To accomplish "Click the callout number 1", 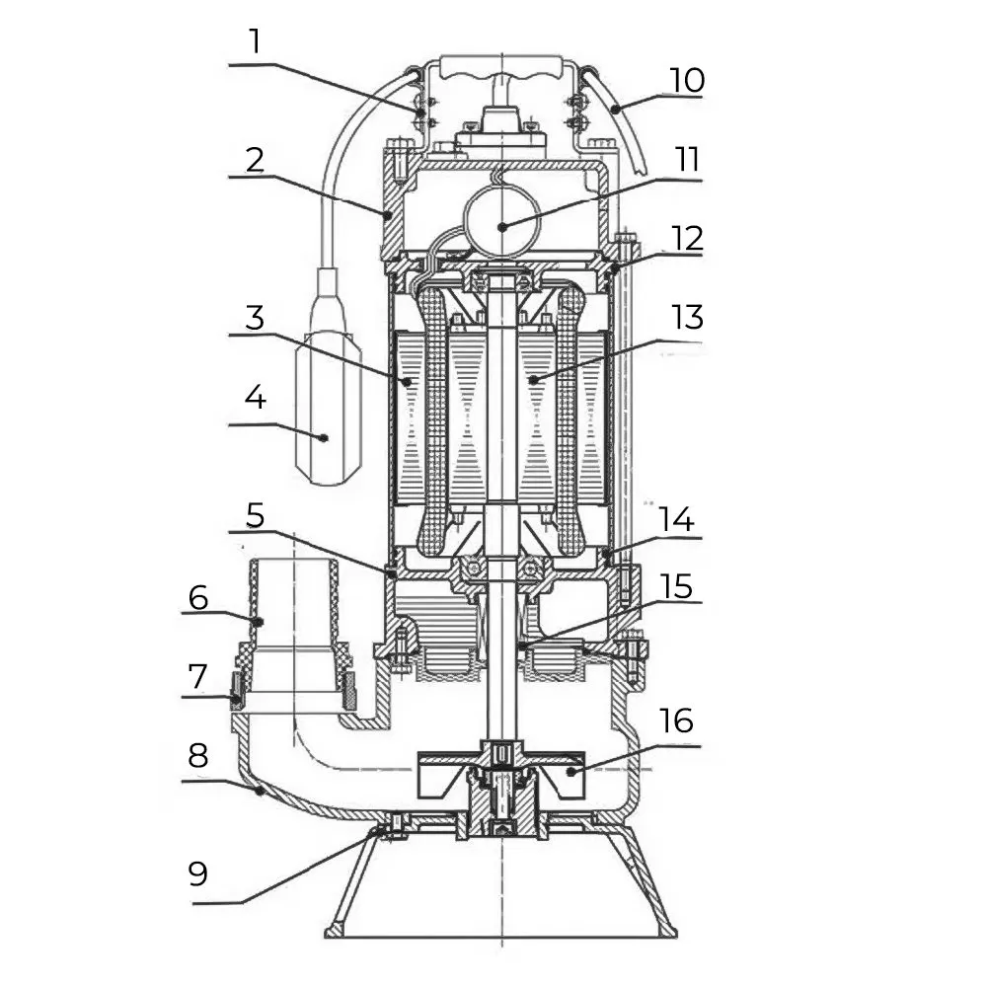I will tap(256, 42).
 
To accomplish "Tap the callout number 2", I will tap(256, 160).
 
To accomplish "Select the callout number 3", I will tap(256, 319).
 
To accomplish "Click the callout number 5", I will tap(256, 515).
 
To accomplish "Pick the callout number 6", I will tap(197, 596).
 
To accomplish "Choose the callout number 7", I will tap(197, 676).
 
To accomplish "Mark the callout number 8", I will tap(197, 756).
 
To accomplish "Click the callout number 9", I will tap(197, 873).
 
